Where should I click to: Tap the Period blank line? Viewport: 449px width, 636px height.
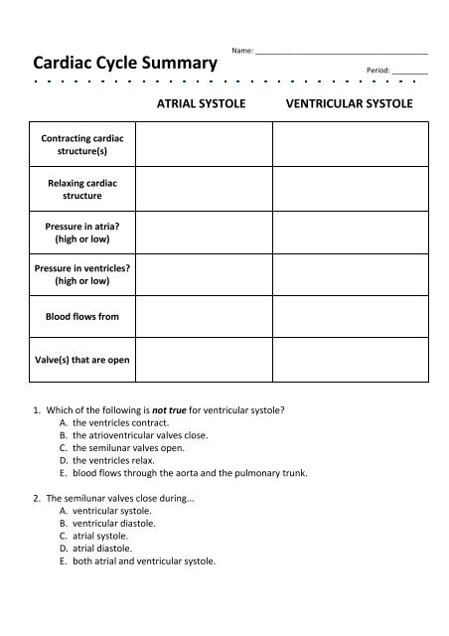pos(410,72)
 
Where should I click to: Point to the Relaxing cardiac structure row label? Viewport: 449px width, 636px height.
pos(75,190)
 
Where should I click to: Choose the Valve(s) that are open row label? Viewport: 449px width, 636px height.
pos(75,360)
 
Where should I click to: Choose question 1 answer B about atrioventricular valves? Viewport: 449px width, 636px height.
pos(140,435)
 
